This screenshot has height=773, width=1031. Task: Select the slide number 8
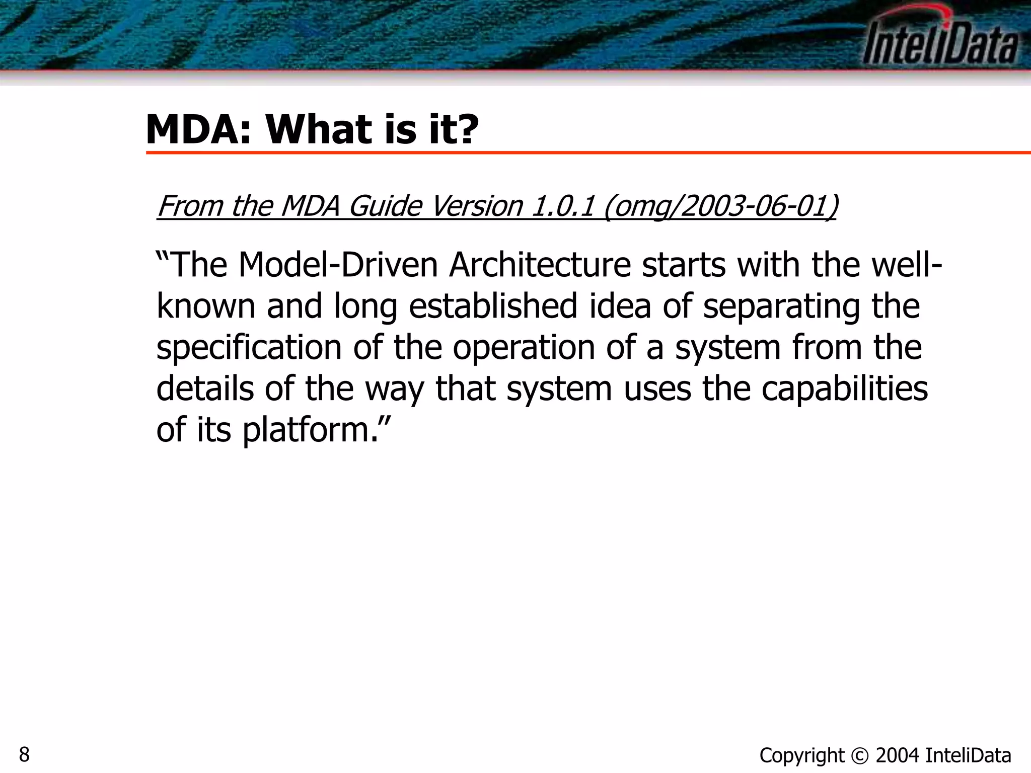[24, 755]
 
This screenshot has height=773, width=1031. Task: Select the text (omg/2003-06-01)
[720, 206]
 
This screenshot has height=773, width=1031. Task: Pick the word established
[493, 306]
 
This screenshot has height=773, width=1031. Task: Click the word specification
[249, 348]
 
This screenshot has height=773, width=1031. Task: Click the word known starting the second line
[206, 306]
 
